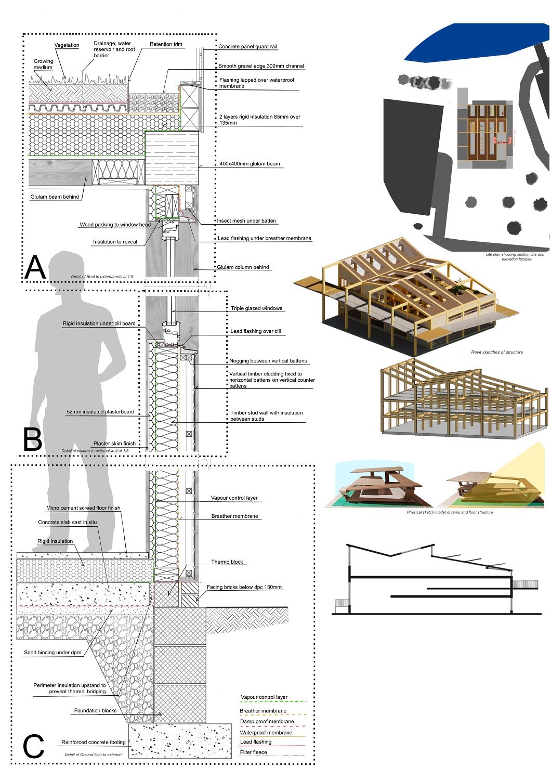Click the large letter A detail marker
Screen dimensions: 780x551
(x=35, y=267)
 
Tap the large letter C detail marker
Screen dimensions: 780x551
(x=34, y=747)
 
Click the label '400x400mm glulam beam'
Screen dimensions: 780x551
(x=250, y=164)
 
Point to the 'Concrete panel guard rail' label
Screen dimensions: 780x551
(x=247, y=47)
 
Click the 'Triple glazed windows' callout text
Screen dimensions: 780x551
(x=256, y=308)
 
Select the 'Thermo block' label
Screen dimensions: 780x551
(x=227, y=562)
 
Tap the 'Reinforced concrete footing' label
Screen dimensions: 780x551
(x=94, y=743)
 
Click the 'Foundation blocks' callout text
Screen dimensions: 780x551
(x=95, y=711)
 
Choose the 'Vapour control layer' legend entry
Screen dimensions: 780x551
(x=264, y=697)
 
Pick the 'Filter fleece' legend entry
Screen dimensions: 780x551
(x=254, y=752)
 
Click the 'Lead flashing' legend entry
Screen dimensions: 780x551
(x=256, y=742)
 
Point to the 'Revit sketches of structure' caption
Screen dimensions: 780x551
(x=496, y=352)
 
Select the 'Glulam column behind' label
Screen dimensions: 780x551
(x=243, y=267)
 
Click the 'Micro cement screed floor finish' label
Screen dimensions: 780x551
(x=83, y=508)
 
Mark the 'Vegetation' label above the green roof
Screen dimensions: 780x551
(x=67, y=45)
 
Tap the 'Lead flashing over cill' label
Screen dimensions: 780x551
(x=255, y=331)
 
